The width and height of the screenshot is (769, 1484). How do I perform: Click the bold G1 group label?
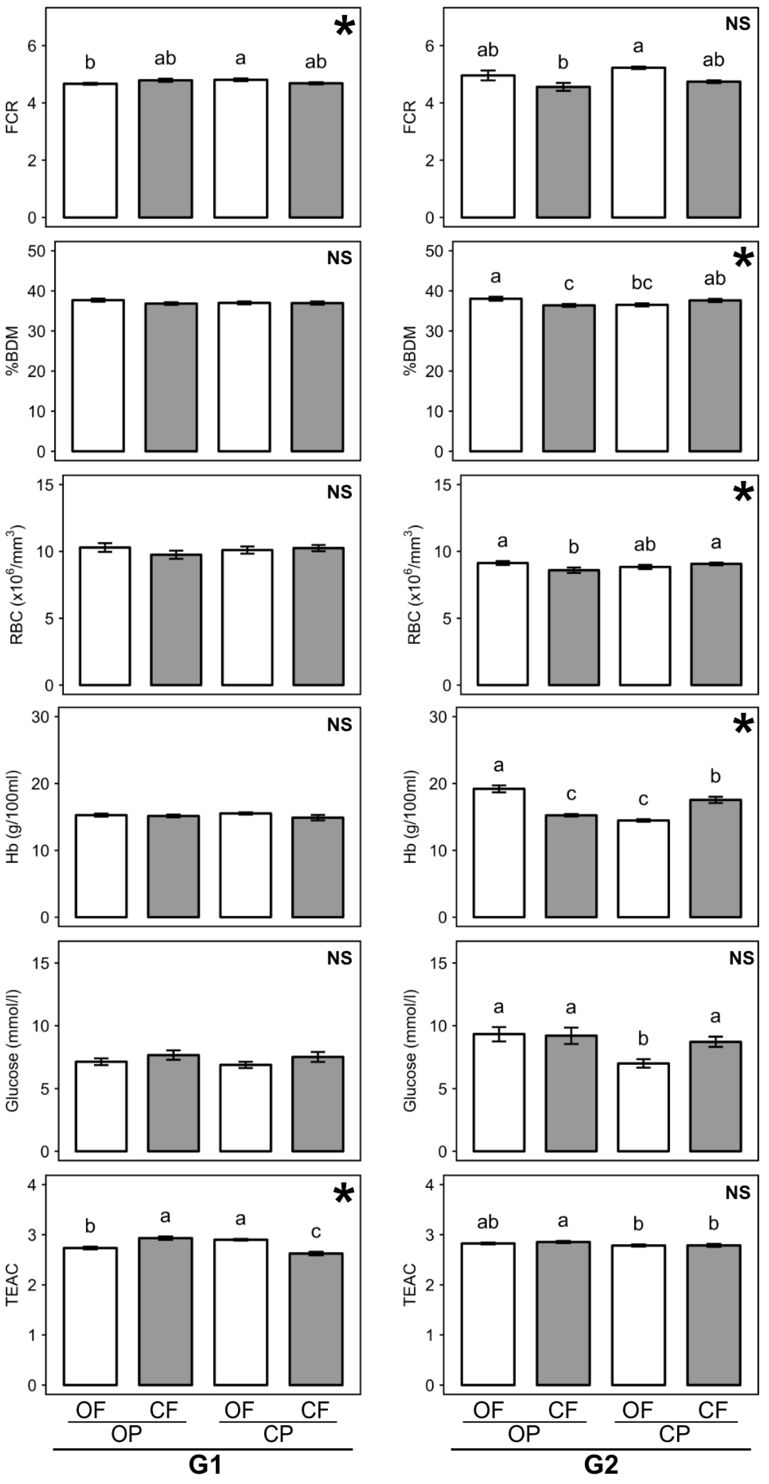(206, 1465)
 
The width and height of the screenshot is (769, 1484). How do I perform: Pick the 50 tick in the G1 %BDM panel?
(37, 251)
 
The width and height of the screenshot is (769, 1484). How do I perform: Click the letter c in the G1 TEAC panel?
(316, 1232)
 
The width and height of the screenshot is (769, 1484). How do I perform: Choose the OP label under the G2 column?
(524, 1434)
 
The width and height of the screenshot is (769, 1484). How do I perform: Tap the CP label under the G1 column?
(278, 1434)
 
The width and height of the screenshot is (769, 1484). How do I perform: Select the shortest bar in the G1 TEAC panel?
(316, 1319)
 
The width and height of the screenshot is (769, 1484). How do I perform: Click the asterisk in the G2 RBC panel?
(743, 493)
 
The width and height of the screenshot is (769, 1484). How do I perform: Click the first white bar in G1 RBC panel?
(105, 616)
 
